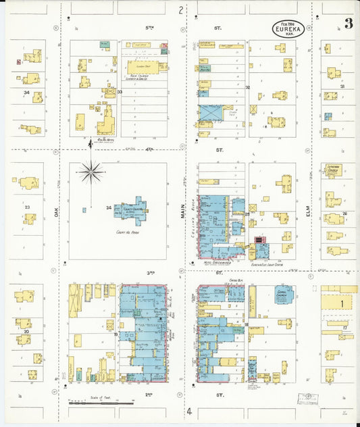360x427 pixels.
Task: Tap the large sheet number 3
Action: (348, 25)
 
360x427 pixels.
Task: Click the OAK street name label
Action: (57, 211)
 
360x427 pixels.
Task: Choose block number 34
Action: (26, 93)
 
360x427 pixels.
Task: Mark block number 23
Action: (28, 207)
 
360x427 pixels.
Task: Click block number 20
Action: (26, 332)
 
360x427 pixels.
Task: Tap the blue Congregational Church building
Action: (284, 294)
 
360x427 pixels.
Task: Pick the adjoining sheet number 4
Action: (190, 411)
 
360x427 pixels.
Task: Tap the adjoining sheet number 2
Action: (180, 9)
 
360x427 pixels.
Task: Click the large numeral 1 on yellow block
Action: (342, 304)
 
